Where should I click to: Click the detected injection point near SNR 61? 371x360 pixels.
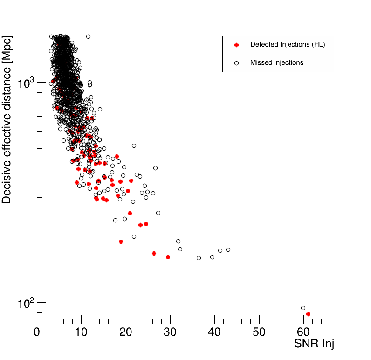(308, 314)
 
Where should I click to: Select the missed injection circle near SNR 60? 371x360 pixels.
(303, 308)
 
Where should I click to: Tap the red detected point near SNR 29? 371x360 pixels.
(168, 257)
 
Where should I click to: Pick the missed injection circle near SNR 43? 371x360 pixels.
(228, 249)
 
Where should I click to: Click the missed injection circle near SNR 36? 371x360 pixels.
(199, 258)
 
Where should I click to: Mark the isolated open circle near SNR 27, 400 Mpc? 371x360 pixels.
(155, 168)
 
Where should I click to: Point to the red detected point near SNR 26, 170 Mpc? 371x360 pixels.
(154, 253)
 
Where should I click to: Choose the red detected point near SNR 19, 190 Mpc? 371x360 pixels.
(121, 242)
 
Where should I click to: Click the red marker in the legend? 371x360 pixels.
(236, 45)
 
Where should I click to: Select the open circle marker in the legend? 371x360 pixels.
(236, 62)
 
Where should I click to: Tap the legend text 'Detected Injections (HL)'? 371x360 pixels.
(288, 45)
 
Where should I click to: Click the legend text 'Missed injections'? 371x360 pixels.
(277, 62)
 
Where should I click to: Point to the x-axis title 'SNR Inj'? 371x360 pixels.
(314, 345)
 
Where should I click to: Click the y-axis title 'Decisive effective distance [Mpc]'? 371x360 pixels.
(7, 120)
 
